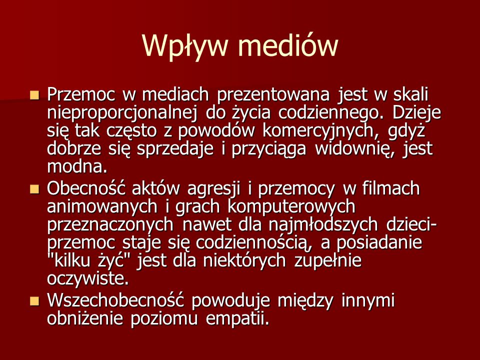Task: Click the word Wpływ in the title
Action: click(x=185, y=46)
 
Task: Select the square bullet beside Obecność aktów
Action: click(x=35, y=189)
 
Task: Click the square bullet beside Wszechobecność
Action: click(x=35, y=301)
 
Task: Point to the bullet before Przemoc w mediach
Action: click(x=35, y=95)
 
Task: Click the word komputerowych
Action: click(x=291, y=207)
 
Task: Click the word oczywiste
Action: click(x=88, y=279)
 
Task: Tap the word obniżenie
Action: click(x=85, y=319)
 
